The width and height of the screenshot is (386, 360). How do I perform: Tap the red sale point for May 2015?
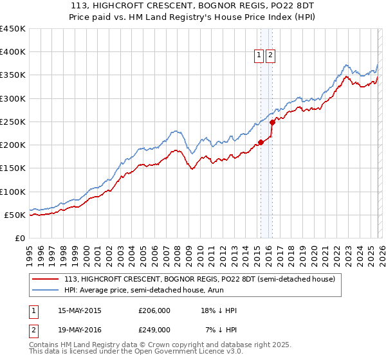click(261, 142)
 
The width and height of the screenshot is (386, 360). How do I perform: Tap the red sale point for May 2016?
click(272, 122)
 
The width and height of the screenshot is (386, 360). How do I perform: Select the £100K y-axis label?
click(13, 192)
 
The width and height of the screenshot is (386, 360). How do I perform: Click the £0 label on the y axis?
click(21, 238)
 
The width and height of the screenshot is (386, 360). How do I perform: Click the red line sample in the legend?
click(46, 280)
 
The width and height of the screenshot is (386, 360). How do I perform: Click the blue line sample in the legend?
click(46, 291)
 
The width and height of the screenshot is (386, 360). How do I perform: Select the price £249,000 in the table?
click(154, 330)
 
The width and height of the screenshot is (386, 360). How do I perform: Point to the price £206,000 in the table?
click(154, 310)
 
